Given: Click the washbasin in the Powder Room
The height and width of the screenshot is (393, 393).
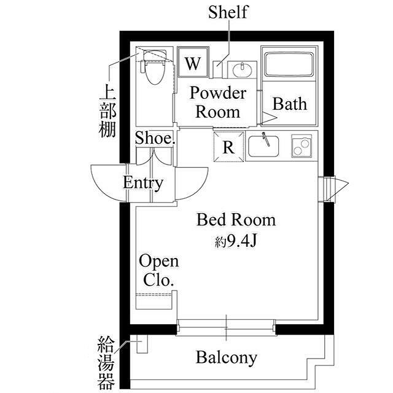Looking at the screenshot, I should click(242, 69).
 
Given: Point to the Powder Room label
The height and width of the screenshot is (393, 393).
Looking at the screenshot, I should click(217, 103).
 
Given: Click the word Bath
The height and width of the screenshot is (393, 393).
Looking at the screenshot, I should click(289, 103).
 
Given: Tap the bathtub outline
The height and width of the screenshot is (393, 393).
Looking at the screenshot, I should click(289, 64).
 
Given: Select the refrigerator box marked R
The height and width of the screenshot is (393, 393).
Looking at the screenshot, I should click(228, 147).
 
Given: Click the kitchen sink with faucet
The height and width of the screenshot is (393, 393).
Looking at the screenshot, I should click(265, 146).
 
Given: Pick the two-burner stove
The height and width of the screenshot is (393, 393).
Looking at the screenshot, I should click(302, 146).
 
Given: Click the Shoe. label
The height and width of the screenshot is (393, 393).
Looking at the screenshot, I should click(155, 138).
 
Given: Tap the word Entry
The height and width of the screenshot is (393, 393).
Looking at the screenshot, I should click(143, 182).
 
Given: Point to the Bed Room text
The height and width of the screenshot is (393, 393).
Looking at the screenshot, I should click(236, 219).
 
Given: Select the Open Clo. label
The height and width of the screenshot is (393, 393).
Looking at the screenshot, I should click(158, 270).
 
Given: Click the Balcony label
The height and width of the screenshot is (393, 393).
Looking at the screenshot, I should click(226, 357).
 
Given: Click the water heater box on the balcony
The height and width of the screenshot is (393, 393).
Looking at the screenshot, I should click(142, 346).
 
